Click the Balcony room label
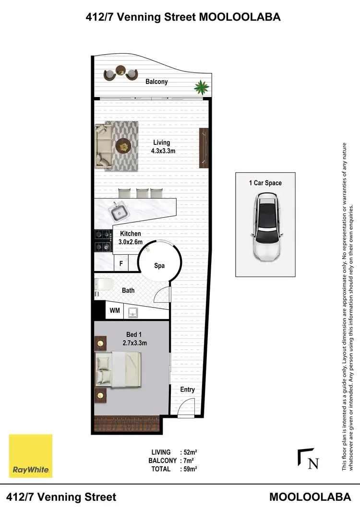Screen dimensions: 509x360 [x=156, y=82]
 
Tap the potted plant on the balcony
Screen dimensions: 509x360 [x=201, y=87]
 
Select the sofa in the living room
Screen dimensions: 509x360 [x=102, y=145]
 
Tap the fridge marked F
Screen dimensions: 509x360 [x=121, y=263]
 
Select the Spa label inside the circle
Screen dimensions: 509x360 [x=159, y=265]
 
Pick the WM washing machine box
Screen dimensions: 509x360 [x=114, y=310]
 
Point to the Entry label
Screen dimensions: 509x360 [x=187, y=390]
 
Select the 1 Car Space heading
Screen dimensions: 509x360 [x=265, y=183]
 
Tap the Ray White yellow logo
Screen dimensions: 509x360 [x=31, y=456]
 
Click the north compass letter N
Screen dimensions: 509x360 [x=313, y=463]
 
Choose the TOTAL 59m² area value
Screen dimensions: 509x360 [x=189, y=469]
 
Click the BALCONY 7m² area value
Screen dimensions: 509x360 [x=188, y=461]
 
